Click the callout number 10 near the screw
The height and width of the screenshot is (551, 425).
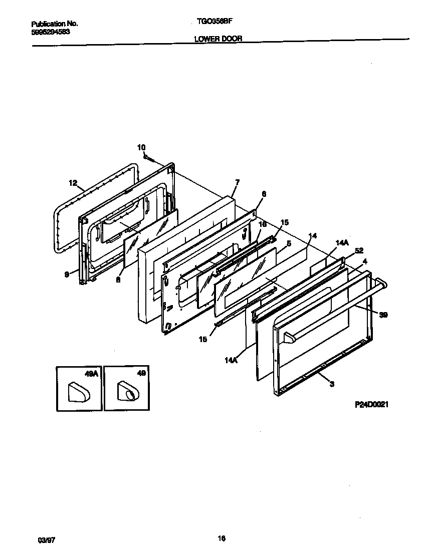tap(141, 147)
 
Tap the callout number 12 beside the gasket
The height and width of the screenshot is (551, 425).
tap(73, 183)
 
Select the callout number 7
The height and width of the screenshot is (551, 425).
tap(237, 182)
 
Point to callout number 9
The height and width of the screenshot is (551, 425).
tap(67, 274)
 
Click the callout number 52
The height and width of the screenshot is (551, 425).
tap(359, 250)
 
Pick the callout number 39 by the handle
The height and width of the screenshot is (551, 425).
tap(383, 315)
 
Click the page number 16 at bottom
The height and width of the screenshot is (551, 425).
tap(221, 538)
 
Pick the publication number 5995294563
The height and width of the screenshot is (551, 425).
tap(51, 31)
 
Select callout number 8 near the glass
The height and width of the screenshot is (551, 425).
tap(118, 281)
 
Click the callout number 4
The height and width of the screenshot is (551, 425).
tap(365, 261)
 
